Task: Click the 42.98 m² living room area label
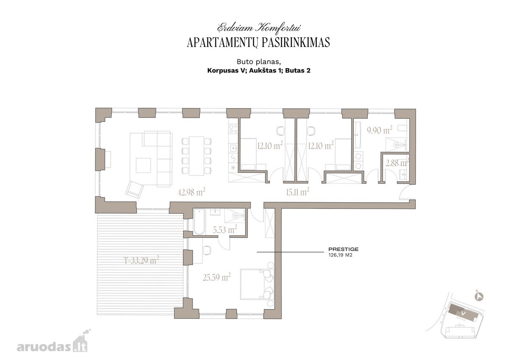(191, 192)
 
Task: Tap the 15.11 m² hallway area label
(297, 192)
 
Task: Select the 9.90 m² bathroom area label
(380, 130)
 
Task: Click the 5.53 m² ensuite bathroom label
(225, 230)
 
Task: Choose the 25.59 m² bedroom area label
(217, 277)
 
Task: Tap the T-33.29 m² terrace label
(141, 260)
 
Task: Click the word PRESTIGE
(343, 249)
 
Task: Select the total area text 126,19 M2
(340, 255)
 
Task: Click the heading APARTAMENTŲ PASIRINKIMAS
(258, 42)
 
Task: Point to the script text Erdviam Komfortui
(259, 28)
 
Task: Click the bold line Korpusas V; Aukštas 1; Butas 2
(259, 70)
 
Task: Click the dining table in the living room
(196, 156)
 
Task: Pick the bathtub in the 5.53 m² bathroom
(199, 222)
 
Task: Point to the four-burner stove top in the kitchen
(233, 129)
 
